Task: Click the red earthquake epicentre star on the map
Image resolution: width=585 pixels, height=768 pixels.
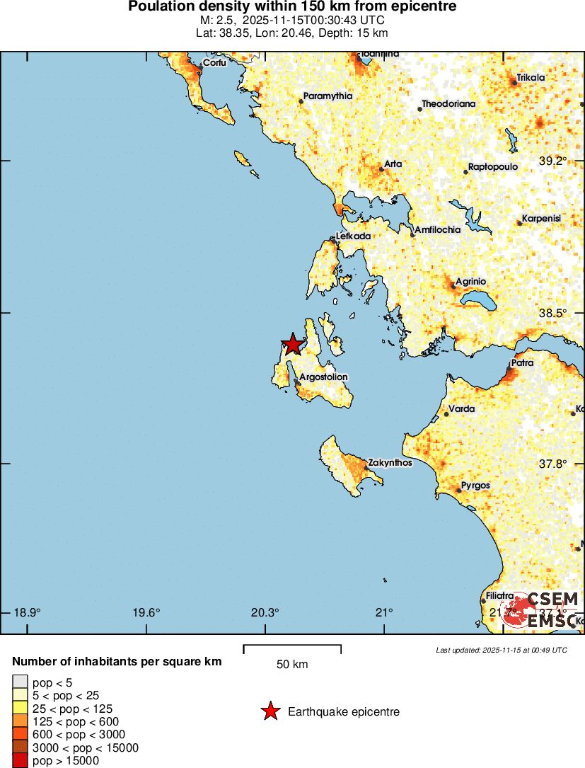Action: pos(291,345)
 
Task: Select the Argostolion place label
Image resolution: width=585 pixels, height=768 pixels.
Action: pos(323,377)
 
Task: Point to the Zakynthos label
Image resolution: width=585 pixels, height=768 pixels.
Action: pos(390,463)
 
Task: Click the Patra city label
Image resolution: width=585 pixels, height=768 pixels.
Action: pos(523,363)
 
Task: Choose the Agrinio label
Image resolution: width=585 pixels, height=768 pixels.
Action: pos(470,282)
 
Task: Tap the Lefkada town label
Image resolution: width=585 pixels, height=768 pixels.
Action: pos(353,236)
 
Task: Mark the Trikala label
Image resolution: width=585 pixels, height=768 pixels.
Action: pos(531,78)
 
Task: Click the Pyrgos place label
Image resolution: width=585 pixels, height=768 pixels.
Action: pos(475,486)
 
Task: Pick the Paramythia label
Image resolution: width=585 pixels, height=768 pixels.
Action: pos(328,96)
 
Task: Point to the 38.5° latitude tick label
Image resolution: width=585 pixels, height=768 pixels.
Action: pos(553,313)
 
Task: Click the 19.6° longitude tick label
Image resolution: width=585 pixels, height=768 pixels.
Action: pos(147,613)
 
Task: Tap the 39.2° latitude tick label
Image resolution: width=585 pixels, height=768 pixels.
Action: pos(553,161)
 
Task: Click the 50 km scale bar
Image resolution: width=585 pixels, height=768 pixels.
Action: pos(292,648)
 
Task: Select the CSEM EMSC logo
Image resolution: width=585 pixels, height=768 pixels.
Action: pos(542,609)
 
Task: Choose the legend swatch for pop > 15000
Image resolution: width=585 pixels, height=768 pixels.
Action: pos(20,761)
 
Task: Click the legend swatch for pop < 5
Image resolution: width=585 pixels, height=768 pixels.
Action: pos(20,682)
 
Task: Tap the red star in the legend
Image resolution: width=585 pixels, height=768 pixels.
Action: pos(270,712)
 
